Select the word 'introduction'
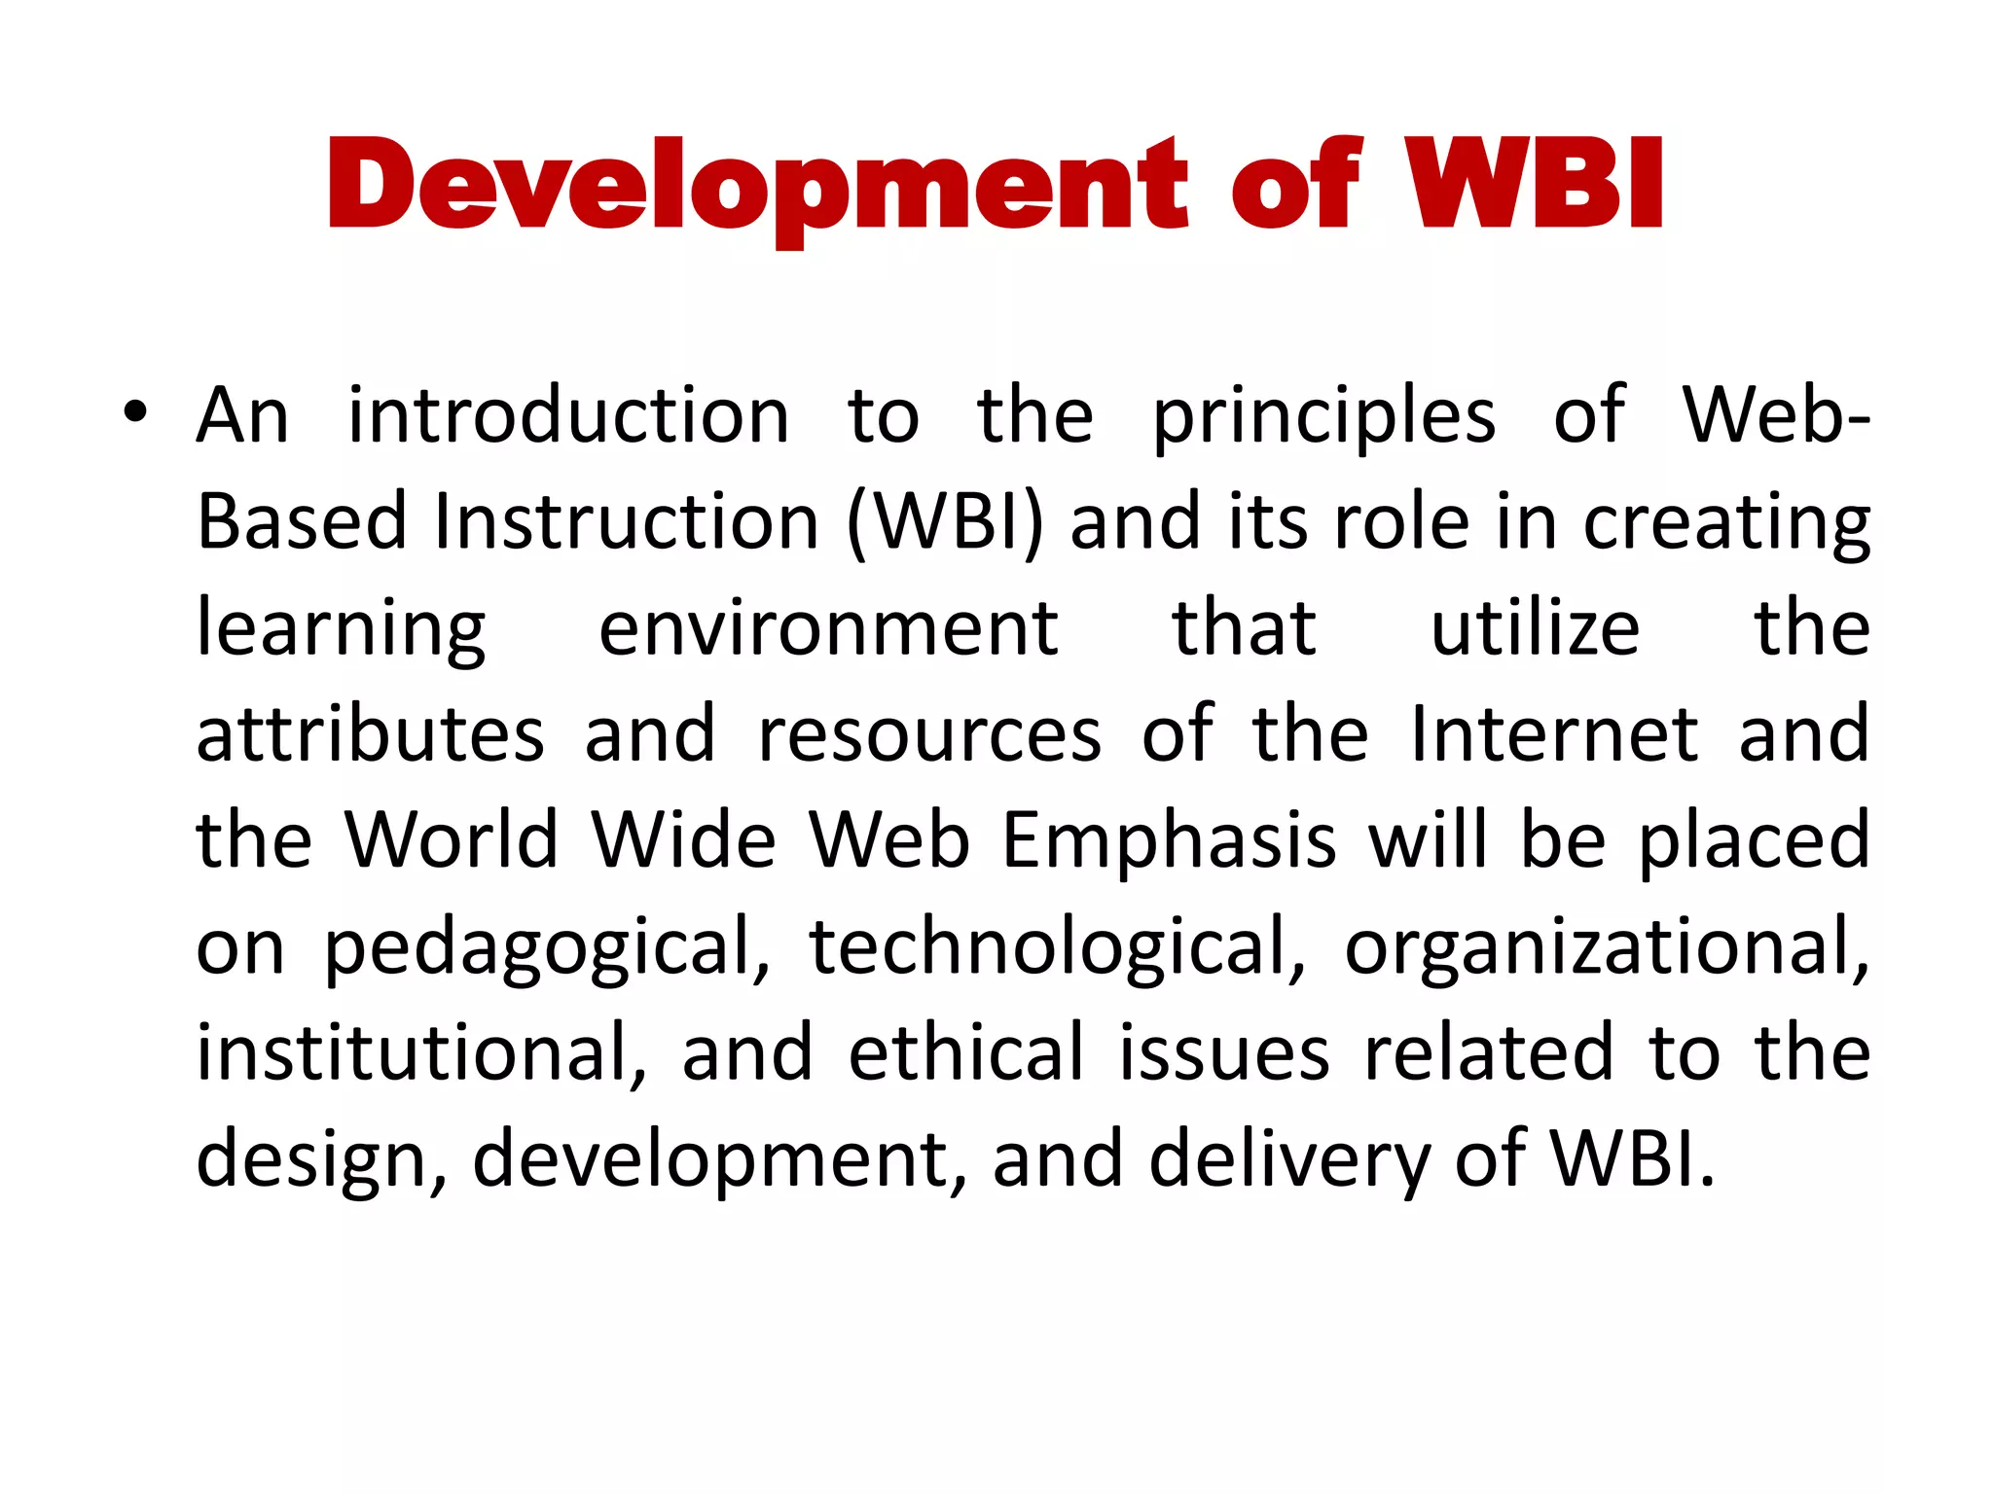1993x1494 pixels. (x=568, y=416)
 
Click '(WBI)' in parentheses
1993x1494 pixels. (x=945, y=523)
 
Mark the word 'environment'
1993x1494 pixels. (x=828, y=629)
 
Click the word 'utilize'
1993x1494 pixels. (x=1535, y=629)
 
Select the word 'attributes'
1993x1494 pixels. (x=370, y=735)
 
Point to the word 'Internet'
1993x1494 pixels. (x=1554, y=734)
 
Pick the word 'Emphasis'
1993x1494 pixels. (x=1169, y=841)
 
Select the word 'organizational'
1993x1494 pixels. (x=1607, y=948)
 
